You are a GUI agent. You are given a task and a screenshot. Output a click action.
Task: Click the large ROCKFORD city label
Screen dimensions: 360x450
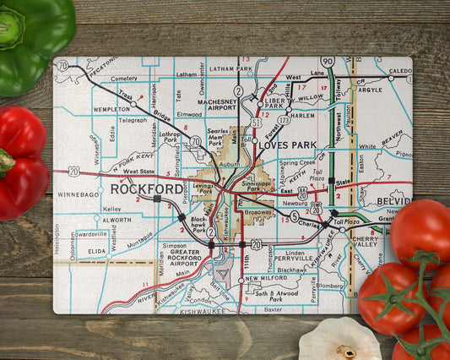click(147, 188)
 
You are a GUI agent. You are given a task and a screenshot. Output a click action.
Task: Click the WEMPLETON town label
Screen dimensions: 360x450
click(111, 109)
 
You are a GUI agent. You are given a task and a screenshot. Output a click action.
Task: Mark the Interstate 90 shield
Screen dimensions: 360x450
click(328, 62)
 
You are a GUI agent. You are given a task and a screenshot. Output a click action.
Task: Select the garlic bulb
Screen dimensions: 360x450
click(339, 340)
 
